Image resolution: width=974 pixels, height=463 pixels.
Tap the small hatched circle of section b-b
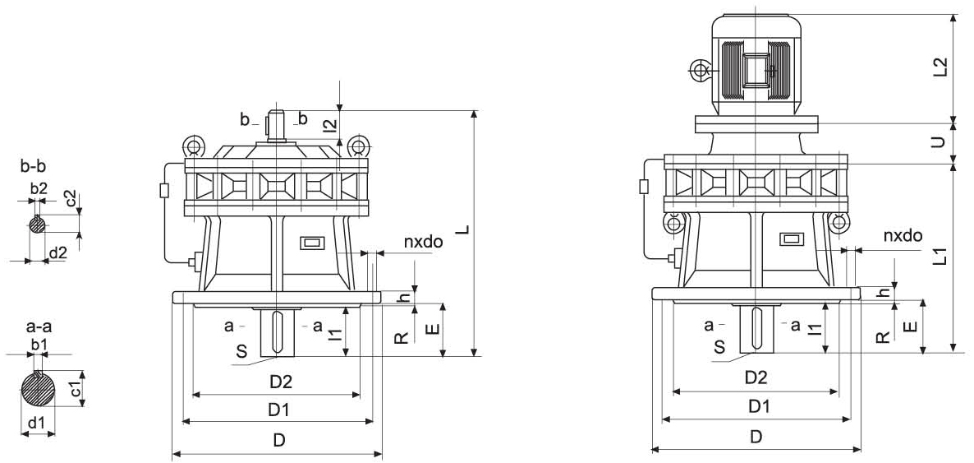(x=38, y=224)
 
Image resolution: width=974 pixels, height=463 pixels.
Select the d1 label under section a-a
(x=36, y=424)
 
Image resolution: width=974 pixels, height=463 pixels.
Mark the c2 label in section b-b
(x=71, y=200)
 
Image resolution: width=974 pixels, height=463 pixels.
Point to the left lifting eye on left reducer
(x=194, y=147)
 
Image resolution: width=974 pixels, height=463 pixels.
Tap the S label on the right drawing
(x=719, y=347)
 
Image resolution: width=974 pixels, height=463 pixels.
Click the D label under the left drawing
(x=279, y=440)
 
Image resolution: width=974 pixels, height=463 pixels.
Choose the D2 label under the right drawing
(x=756, y=377)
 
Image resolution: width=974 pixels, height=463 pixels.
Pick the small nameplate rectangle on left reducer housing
(x=311, y=243)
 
